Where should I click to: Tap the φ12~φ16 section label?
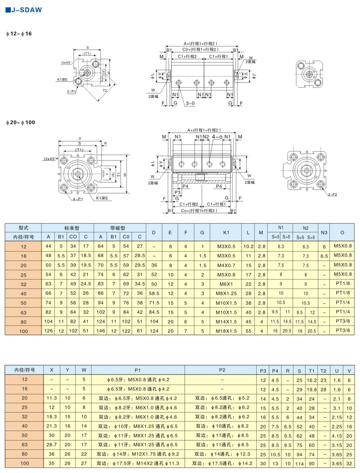pyautogui.click(x=18, y=34)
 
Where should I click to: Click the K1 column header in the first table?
pyautogui.click(x=225, y=232)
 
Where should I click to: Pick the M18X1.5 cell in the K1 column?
pyautogui.click(x=225, y=331)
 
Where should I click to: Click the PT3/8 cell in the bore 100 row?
pyautogui.click(x=343, y=331)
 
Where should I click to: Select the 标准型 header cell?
pyautogui.click(x=67, y=228)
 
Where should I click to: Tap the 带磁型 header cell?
pyautogui.click(x=120, y=228)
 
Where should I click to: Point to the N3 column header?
pyautogui.click(x=324, y=232)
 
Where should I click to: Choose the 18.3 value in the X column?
pyautogui.click(x=52, y=417)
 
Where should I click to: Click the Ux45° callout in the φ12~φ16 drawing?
pyautogui.click(x=66, y=62)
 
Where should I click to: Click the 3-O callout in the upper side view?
pyautogui.click(x=190, y=103)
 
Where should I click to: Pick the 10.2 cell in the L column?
pyautogui.click(x=248, y=246)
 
